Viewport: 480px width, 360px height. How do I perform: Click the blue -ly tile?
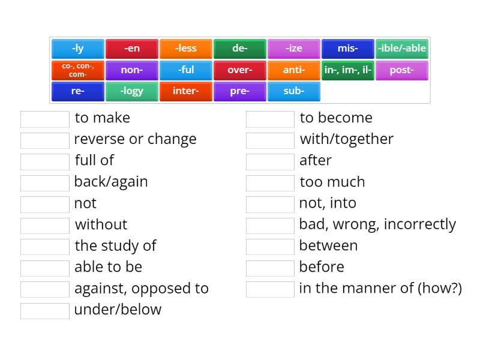[x=78, y=49]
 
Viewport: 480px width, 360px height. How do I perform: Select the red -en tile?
[x=132, y=49]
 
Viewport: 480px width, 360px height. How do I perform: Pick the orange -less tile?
[x=186, y=49]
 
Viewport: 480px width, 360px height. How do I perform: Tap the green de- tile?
[x=240, y=49]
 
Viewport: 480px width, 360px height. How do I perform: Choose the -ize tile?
[x=294, y=49]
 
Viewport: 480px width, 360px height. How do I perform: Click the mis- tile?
[x=348, y=49]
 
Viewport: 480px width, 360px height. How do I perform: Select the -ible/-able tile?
[x=402, y=49]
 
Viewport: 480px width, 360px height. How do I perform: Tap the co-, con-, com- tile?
[x=78, y=70]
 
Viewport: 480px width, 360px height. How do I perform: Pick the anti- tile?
[x=294, y=70]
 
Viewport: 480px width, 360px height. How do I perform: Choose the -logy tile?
[x=132, y=92]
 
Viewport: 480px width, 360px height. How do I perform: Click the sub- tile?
[x=294, y=92]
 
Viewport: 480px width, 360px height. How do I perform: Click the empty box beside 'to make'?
[x=45, y=119]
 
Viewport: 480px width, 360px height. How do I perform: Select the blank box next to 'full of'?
[x=45, y=161]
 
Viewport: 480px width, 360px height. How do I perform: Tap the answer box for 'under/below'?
[x=45, y=310]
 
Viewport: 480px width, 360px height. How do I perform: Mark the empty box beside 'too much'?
[x=270, y=182]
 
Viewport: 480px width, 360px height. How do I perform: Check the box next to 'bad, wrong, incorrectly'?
[x=270, y=225]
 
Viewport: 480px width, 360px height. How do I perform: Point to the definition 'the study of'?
[x=115, y=245]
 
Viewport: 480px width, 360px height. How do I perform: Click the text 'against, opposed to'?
[x=141, y=288]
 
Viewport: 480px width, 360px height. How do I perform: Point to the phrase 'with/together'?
[x=346, y=139]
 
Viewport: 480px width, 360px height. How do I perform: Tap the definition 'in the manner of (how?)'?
[x=380, y=288]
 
